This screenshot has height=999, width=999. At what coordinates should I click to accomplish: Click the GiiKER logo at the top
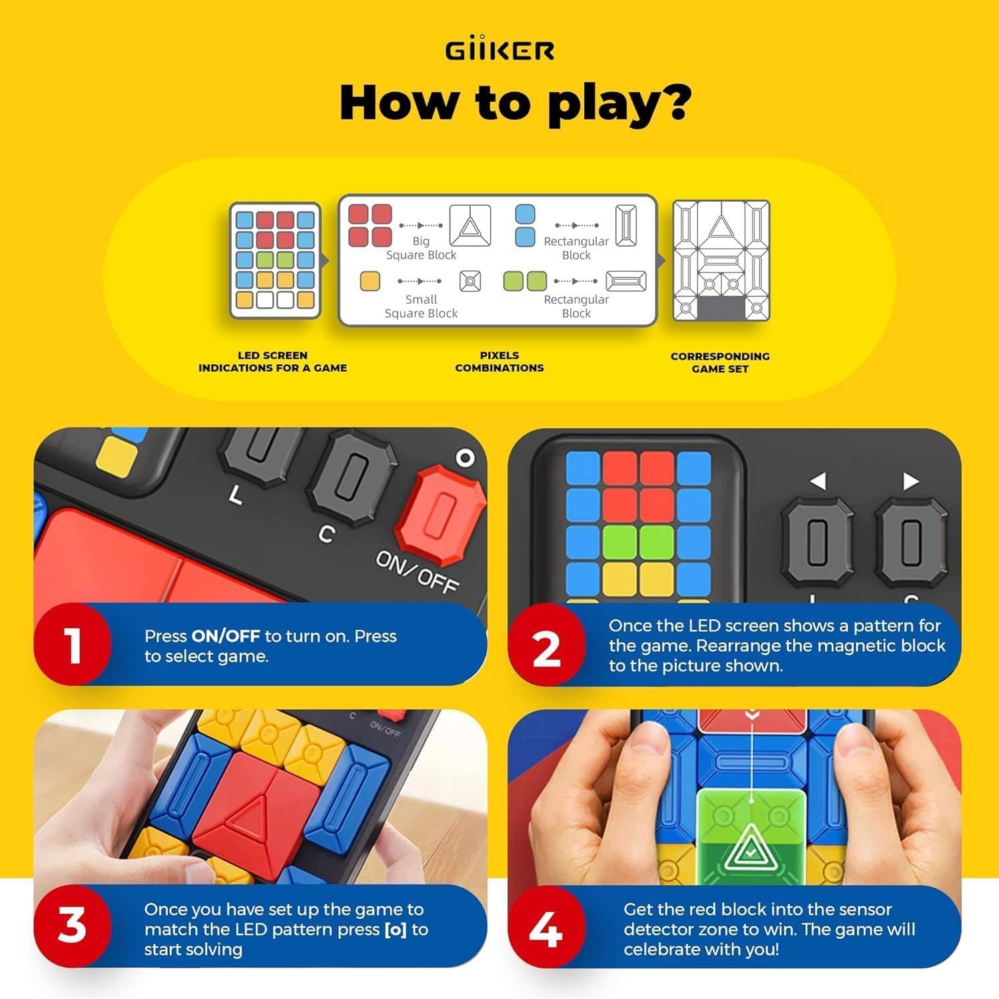point(499,50)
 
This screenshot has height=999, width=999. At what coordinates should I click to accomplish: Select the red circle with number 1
point(73,645)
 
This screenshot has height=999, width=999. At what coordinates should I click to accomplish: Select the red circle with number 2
point(546,646)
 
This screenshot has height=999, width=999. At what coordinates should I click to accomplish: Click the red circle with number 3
point(73,926)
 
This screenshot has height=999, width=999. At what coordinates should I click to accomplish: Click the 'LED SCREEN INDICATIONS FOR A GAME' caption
point(272,362)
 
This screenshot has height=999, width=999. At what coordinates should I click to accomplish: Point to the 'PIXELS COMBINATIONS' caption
point(499,362)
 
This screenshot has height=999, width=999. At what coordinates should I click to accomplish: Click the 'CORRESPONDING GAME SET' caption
point(720,362)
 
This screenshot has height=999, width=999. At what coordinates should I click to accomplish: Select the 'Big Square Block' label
point(421,248)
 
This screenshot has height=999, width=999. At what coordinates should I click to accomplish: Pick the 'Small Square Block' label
point(421,306)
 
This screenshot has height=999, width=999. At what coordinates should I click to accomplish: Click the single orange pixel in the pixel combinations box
point(370,281)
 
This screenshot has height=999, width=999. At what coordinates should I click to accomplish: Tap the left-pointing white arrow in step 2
point(818,481)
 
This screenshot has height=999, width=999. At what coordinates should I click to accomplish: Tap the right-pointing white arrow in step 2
point(910,481)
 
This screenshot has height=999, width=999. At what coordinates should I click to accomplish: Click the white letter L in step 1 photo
point(235,494)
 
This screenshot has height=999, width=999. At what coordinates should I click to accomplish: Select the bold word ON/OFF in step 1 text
point(226,636)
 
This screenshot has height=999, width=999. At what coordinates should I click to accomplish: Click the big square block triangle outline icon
point(470,226)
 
